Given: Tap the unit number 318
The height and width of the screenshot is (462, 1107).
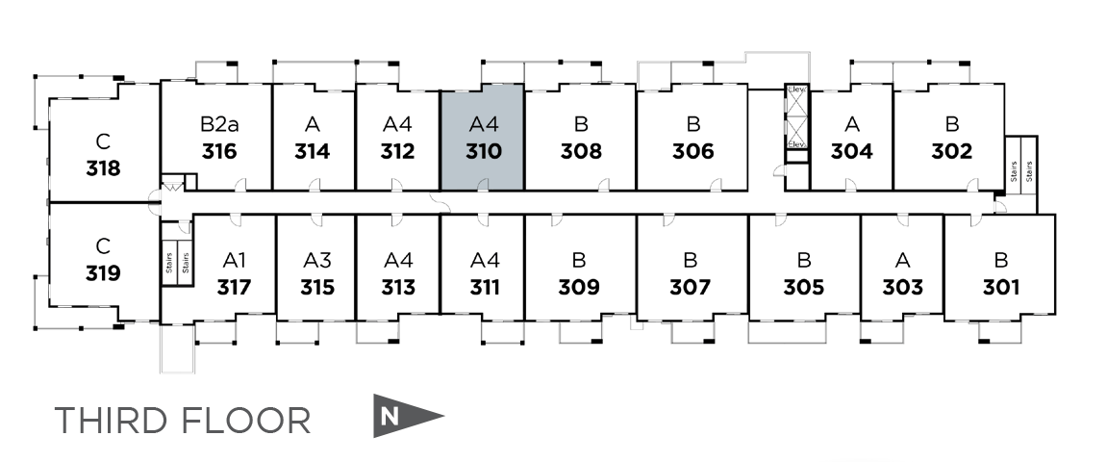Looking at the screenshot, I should [x=103, y=168].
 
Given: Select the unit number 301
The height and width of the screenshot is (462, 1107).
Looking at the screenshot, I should [x=1001, y=287].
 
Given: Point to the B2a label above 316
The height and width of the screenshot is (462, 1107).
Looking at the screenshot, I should [x=219, y=124].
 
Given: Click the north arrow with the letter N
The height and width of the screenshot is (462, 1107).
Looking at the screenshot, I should [x=407, y=417].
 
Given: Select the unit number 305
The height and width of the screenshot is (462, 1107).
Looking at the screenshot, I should [x=803, y=287].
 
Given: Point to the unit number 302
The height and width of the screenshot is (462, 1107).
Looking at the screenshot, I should [x=951, y=151].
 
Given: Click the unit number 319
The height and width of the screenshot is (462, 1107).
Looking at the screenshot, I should [x=103, y=273].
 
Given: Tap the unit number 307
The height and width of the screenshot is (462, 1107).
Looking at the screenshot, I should [x=691, y=287].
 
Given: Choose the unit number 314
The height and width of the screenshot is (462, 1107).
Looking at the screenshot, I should [x=313, y=151].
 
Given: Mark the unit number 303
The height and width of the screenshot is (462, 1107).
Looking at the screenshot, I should [x=902, y=287].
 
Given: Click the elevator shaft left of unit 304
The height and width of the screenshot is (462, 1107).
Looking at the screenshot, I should [x=796, y=116].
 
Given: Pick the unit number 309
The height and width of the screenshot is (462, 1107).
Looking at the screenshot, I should [x=579, y=287].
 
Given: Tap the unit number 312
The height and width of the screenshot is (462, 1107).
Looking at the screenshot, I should [x=397, y=151].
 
